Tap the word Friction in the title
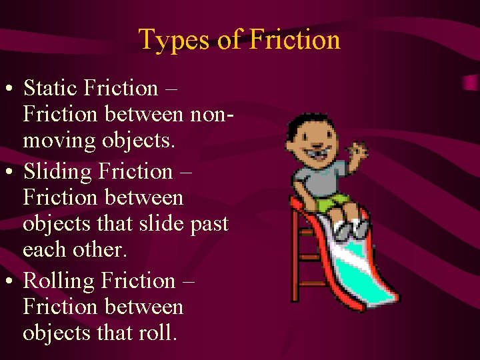click(x=295, y=40)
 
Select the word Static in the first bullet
click(x=57, y=88)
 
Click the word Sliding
click(x=58, y=172)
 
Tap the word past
click(x=207, y=224)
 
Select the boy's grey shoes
click(x=350, y=230)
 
